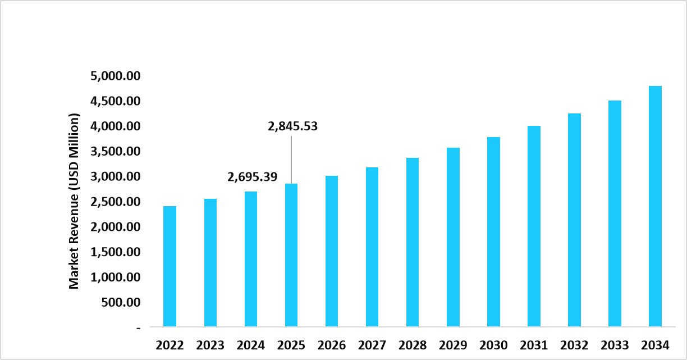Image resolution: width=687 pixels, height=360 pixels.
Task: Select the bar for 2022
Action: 170,266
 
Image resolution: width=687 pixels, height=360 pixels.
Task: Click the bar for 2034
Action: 655,206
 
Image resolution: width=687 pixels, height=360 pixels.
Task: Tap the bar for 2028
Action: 413,242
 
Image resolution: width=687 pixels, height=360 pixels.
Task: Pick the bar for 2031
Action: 534,226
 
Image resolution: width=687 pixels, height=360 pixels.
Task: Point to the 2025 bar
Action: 291,255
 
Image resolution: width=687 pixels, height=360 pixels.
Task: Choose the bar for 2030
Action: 493,231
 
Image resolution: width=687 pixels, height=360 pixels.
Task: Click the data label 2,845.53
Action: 292,126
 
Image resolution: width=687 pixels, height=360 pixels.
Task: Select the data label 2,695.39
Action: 252,177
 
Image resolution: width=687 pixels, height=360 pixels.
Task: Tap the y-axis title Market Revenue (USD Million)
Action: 74,201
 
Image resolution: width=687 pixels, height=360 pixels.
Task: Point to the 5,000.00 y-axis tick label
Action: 115,76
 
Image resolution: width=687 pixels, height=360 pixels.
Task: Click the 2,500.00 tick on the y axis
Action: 115,202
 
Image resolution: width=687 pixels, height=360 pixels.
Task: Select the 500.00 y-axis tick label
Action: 121,302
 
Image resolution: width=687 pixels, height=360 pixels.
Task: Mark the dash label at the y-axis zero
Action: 138,327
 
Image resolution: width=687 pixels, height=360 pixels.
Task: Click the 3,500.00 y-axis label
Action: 115,152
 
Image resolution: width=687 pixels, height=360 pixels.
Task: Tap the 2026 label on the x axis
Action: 332,344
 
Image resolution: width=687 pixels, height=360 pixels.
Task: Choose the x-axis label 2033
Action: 615,344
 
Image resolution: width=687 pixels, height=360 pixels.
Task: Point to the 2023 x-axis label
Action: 210,344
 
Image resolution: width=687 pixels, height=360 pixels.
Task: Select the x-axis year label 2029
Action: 453,344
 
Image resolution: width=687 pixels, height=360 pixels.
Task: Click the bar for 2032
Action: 574,220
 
